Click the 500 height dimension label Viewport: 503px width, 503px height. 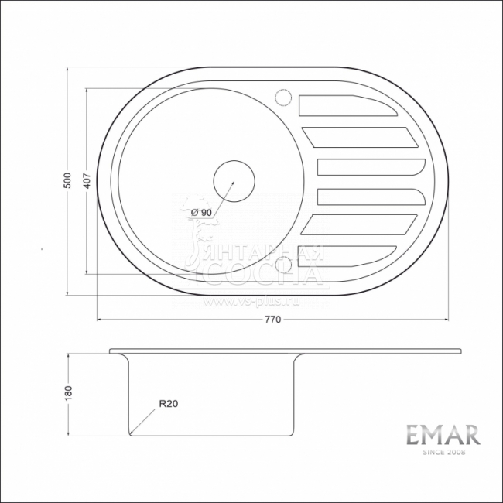(67, 180)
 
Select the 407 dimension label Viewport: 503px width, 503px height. (87, 180)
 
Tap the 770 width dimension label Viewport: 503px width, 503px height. (272, 319)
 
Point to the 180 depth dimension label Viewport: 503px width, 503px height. (68, 392)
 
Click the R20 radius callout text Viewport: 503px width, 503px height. (168, 403)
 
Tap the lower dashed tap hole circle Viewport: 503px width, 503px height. (283, 265)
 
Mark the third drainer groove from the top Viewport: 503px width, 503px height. (369, 167)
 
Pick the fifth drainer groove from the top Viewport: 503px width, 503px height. (360, 224)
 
